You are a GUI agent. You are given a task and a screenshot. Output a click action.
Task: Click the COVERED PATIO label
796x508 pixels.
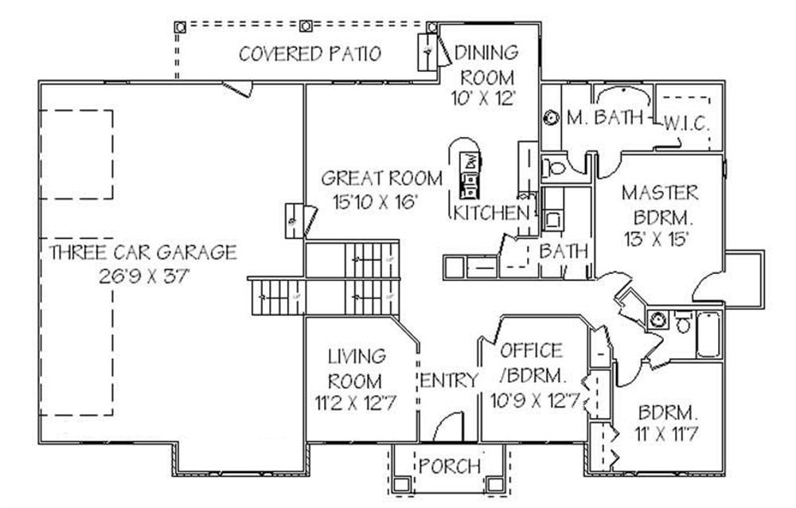(x=310, y=54)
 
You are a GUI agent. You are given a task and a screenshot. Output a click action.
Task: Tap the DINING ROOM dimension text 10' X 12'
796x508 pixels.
(x=486, y=100)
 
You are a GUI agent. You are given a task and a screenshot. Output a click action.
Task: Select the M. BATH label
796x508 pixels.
(x=605, y=119)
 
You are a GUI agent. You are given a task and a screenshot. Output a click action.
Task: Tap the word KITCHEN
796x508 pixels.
(x=491, y=213)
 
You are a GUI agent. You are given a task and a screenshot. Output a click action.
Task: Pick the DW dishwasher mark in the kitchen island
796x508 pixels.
(x=470, y=160)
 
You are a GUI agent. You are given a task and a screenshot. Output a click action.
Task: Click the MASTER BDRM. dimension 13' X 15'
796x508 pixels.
(x=660, y=237)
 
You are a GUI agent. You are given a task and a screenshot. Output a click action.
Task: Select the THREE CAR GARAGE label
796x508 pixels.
(x=142, y=253)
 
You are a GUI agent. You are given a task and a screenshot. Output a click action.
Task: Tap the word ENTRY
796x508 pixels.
(x=449, y=381)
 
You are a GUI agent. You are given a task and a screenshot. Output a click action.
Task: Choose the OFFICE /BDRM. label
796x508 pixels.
(x=532, y=362)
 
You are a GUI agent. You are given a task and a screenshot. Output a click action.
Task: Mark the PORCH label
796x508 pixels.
(x=450, y=465)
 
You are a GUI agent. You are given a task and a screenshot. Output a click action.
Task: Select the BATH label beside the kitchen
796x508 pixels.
(x=564, y=251)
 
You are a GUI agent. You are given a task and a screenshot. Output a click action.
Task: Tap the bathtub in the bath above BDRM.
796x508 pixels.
(x=708, y=334)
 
